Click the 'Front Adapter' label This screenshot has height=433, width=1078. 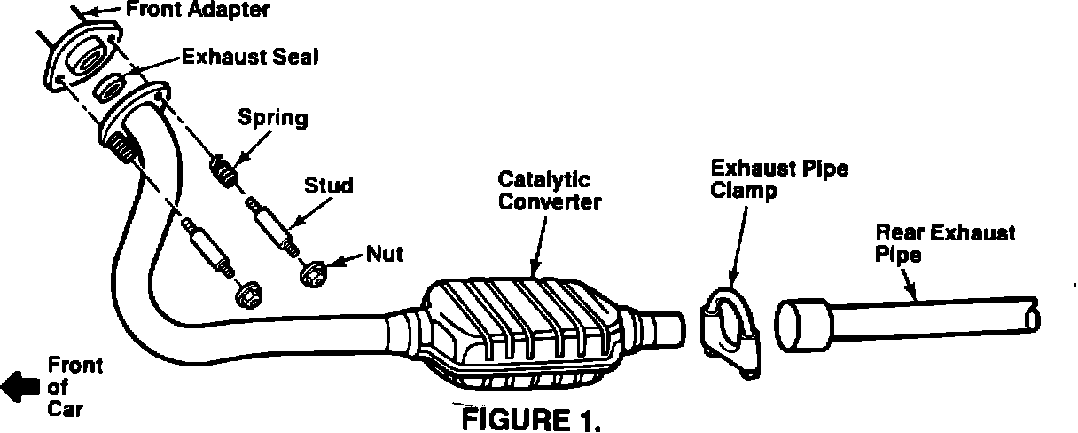pyautogui.click(x=196, y=11)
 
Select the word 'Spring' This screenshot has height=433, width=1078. pyautogui.click(x=273, y=118)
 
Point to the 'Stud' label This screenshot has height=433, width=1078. pyautogui.click(x=329, y=185)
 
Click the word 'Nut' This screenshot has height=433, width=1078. pyautogui.click(x=386, y=254)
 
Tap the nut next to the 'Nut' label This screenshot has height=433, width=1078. pyautogui.click(x=312, y=275)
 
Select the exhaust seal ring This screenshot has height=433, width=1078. pyautogui.click(x=111, y=88)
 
